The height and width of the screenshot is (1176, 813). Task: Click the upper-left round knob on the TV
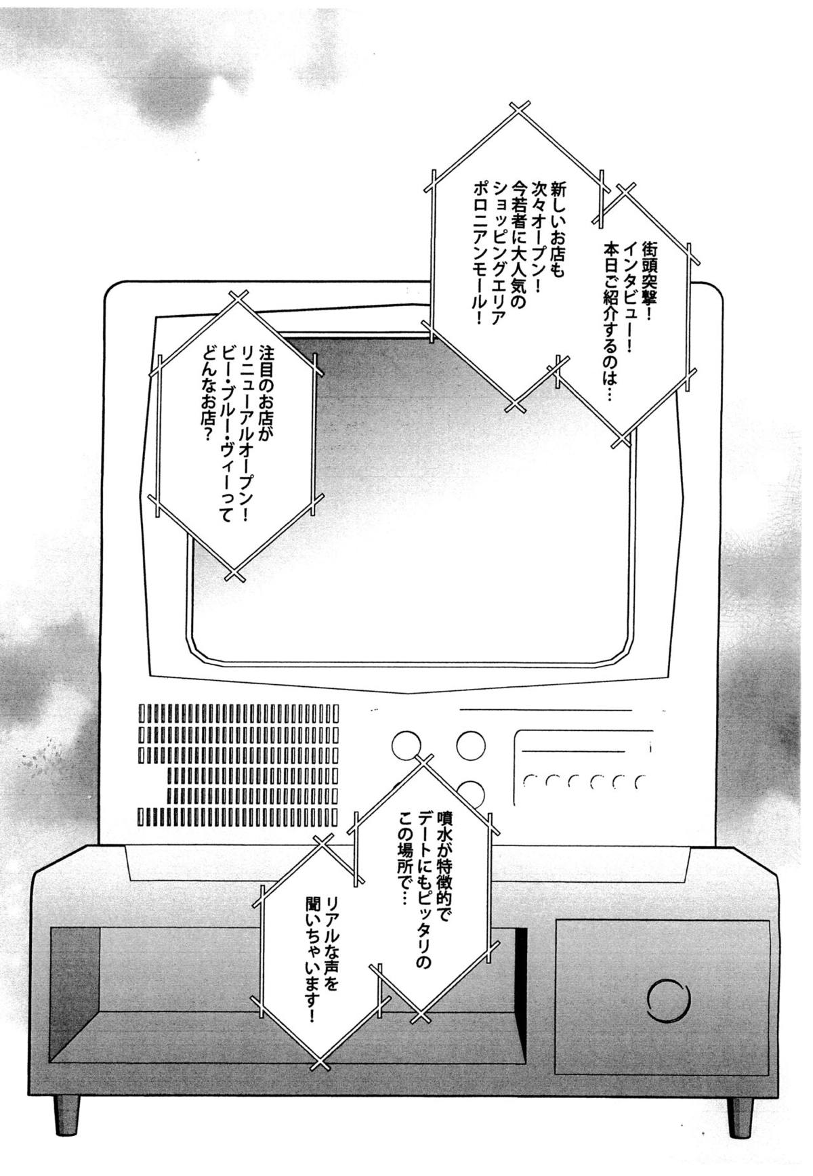pos(406,746)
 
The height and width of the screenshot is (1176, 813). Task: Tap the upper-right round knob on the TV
pos(471,746)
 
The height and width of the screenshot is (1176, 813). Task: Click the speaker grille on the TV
pos(238,765)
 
